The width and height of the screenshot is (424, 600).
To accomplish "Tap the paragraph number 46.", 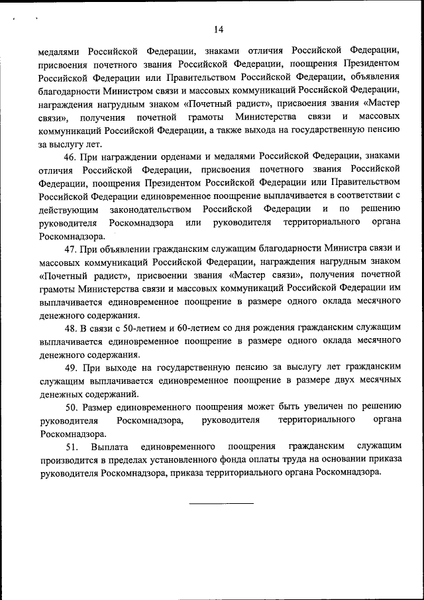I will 71,156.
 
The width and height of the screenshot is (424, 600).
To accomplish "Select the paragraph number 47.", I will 71,249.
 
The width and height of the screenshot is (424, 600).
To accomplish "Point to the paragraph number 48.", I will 71,328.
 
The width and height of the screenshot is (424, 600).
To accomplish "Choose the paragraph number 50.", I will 71,407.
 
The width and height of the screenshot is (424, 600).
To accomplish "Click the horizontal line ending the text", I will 221,503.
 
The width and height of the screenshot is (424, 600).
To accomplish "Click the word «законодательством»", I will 154,210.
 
